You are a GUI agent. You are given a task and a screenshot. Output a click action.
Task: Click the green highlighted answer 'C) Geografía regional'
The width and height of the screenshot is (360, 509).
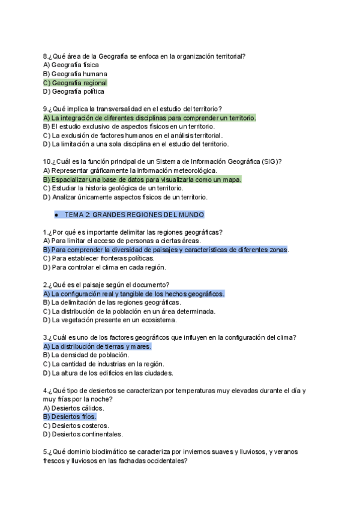tap(75, 83)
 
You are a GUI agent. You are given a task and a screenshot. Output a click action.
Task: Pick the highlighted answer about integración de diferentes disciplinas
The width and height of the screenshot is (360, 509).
tap(149, 118)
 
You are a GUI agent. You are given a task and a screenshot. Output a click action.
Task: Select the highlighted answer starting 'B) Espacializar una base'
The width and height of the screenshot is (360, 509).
tap(142, 179)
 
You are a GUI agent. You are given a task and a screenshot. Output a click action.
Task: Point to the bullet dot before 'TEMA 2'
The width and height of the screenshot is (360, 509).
tap(56, 214)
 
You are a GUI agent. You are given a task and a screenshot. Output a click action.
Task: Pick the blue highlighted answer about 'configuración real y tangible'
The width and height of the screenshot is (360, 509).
tap(134, 294)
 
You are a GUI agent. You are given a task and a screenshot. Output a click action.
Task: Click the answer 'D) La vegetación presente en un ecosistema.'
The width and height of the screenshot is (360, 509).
tap(108, 321)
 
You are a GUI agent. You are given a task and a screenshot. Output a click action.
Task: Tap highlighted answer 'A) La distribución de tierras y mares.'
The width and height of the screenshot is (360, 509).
tap(97, 347)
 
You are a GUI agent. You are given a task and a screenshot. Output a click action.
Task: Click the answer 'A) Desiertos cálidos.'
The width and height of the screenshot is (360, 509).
tap(74, 408)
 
